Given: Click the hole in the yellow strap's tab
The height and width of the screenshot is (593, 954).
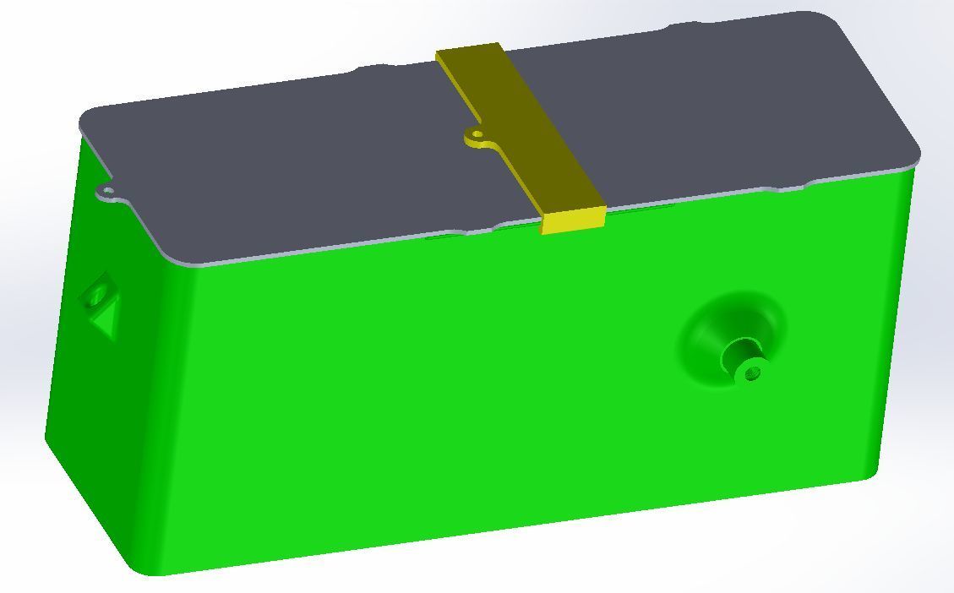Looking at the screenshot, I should pos(477,134).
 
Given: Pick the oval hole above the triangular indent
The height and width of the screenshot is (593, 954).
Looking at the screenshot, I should pos(96,296).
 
